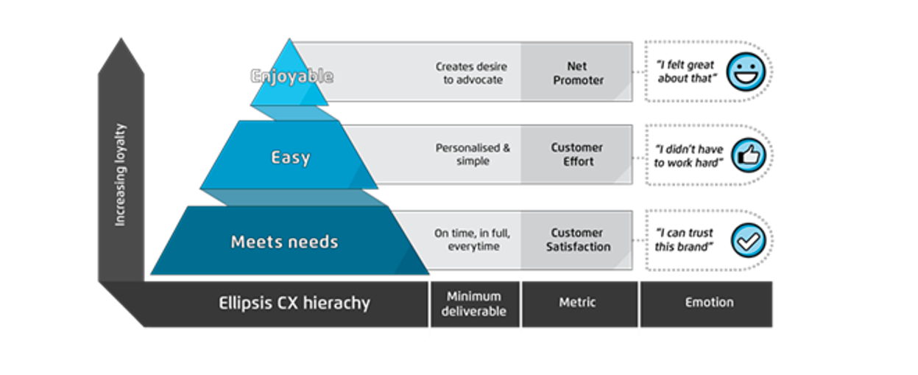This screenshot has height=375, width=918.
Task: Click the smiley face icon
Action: [746, 71]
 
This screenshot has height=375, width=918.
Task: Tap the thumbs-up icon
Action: [748, 155]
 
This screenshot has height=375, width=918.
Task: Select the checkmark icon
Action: [748, 240]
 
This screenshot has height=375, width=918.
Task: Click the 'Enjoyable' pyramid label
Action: [292, 76]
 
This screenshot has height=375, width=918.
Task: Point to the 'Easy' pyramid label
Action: [291, 157]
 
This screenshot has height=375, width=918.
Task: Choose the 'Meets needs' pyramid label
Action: [284, 242]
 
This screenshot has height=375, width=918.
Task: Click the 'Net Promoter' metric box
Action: [576, 73]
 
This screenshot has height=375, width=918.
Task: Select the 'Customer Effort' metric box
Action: [576, 155]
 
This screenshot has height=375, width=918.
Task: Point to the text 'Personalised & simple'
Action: [473, 155]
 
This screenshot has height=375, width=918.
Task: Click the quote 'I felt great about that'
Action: [685, 71]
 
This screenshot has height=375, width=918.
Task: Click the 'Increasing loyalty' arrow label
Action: [121, 175]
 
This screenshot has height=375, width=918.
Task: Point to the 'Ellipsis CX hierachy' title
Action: [294, 303]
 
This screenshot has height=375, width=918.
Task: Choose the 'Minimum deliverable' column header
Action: [474, 304]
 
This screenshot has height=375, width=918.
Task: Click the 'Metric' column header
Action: [578, 303]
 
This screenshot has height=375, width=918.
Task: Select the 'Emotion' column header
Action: [709, 303]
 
